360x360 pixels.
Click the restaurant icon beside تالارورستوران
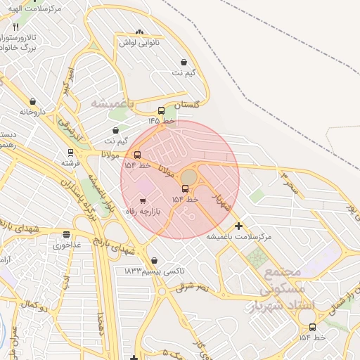point(15,27)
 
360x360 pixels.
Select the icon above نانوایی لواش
point(139,32)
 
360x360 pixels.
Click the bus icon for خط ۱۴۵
point(161,110)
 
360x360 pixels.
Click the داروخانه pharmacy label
point(33,112)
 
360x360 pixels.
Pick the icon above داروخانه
point(33,101)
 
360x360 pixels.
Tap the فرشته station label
point(70,162)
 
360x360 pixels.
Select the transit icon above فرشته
point(70,152)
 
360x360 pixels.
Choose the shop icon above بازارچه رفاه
point(143,201)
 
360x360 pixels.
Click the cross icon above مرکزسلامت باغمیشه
point(239,226)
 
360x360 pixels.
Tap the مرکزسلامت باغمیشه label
point(238,237)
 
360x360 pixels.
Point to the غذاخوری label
point(67,245)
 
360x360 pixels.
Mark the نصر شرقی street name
point(192,286)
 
